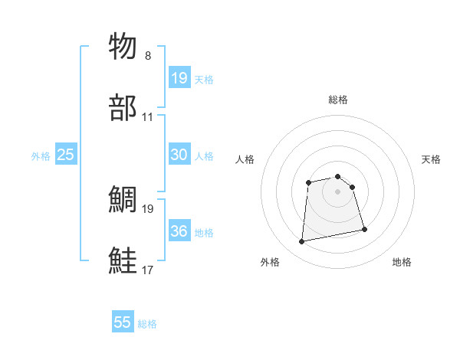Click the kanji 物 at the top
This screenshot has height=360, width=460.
pyautogui.click(x=124, y=46)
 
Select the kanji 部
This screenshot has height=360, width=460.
pyautogui.click(x=124, y=108)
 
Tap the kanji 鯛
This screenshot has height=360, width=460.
pyautogui.click(x=124, y=199)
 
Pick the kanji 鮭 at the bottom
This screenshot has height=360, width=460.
pyautogui.click(x=124, y=260)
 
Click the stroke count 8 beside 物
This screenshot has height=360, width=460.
pyautogui.click(x=148, y=56)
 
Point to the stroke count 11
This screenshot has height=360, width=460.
pyautogui.click(x=148, y=117)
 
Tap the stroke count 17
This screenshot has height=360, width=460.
pyautogui.click(x=148, y=270)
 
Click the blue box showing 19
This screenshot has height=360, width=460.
pyautogui.click(x=179, y=77)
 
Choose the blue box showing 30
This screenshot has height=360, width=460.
pyautogui.click(x=179, y=154)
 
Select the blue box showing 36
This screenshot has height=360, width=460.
pyautogui.click(x=179, y=231)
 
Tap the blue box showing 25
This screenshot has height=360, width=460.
pyautogui.click(x=66, y=155)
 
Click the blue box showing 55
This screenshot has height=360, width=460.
pyautogui.click(x=123, y=322)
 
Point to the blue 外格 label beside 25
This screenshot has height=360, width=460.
pyautogui.click(x=41, y=156)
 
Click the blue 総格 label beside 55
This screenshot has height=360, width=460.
pyautogui.click(x=147, y=324)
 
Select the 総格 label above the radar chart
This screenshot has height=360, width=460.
pyautogui.click(x=337, y=100)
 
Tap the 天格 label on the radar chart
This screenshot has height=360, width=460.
pyautogui.click(x=431, y=159)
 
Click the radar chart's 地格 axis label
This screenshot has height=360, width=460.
pyautogui.click(x=402, y=262)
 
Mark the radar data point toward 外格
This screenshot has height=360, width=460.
pyautogui.click(x=302, y=242)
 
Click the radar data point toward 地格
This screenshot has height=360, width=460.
pyautogui.click(x=364, y=230)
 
